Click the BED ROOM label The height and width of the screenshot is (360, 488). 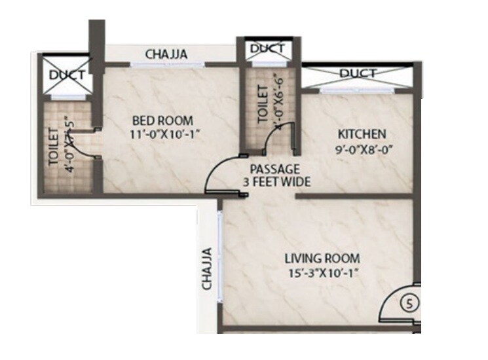coord(162,120)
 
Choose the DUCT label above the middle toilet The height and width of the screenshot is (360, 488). coord(267,48)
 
